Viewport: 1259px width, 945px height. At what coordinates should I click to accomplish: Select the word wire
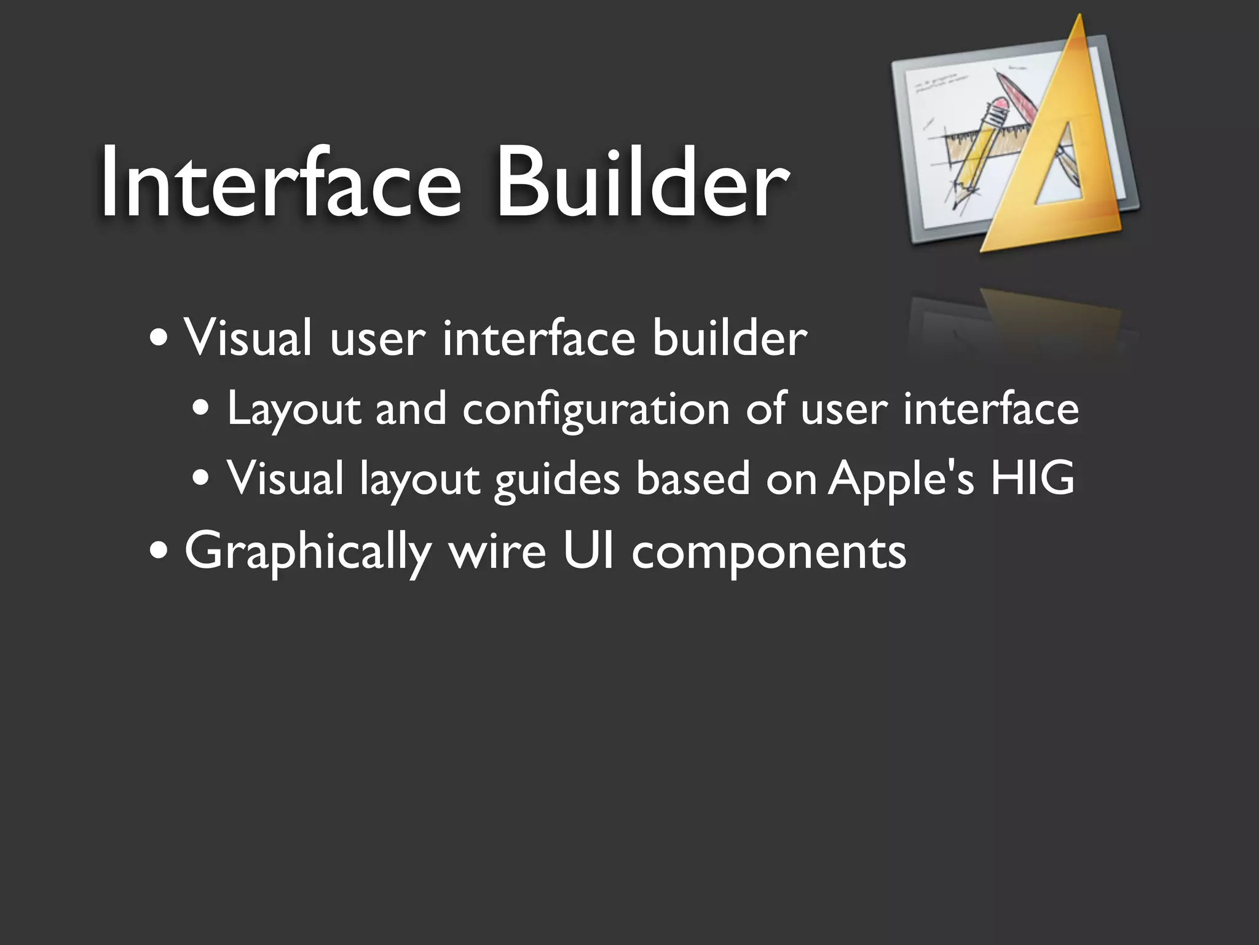pyautogui.click(x=497, y=551)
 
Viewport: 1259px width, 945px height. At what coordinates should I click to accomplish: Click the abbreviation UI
pyautogui.click(x=588, y=550)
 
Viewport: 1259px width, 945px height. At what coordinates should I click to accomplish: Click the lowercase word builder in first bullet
pyautogui.click(x=730, y=338)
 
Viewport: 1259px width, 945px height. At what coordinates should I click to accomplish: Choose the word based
pyautogui.click(x=693, y=478)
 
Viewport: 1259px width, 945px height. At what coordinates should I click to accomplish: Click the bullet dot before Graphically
pyautogui.click(x=159, y=550)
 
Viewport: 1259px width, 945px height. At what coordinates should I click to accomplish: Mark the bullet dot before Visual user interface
pyautogui.click(x=159, y=338)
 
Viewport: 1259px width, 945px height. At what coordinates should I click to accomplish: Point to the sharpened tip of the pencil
pyautogui.click(x=954, y=204)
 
